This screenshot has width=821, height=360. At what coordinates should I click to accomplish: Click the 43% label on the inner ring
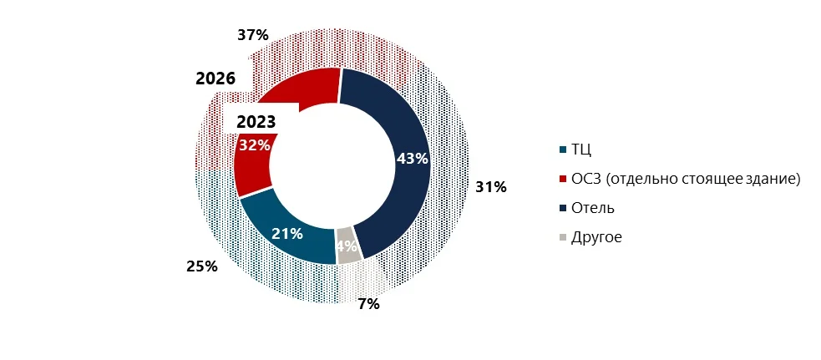coord(412,159)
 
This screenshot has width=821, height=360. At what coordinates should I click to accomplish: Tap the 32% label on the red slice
coord(254,145)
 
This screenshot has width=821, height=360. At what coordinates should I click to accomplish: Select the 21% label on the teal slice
coord(286,233)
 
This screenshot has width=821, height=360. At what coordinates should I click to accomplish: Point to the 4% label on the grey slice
coord(347,246)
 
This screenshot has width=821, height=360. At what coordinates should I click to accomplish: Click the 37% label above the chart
coord(252,35)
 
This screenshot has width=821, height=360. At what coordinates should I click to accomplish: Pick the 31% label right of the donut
coord(491,187)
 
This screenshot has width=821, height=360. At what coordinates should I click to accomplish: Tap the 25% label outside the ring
coord(201,266)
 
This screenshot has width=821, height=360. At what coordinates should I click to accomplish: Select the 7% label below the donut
coord(368,304)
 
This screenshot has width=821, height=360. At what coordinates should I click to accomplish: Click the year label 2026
coord(215,79)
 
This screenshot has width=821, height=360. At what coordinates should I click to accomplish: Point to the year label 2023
coord(256,122)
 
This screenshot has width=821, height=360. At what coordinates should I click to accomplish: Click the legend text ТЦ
coord(582,150)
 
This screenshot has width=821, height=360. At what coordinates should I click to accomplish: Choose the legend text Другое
coord(596,236)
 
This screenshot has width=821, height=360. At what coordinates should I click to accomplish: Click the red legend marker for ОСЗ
coord(563,179)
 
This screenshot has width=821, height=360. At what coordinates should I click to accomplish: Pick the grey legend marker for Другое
coord(563,237)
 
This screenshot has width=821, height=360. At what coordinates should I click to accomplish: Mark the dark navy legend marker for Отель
coord(563,208)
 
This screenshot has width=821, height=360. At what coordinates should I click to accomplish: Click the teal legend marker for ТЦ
coord(563,150)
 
